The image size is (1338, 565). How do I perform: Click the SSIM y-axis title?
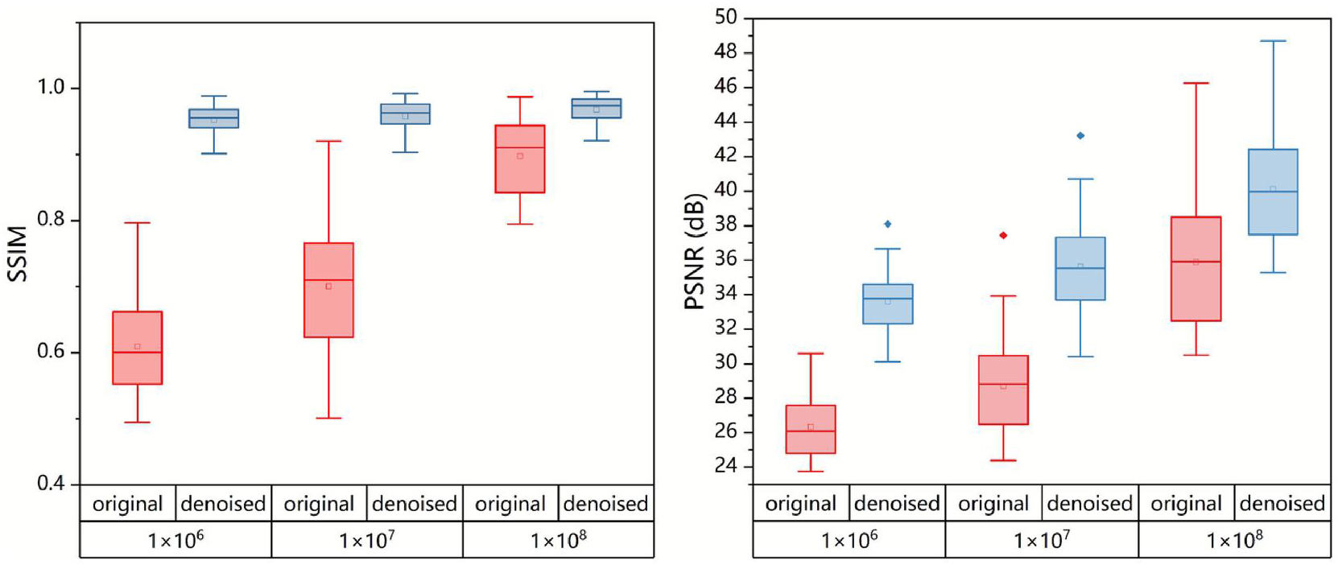[18, 254]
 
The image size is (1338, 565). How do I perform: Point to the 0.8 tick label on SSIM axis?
[52, 219]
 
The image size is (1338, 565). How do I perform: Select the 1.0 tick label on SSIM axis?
[52, 87]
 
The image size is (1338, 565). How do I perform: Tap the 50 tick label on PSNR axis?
[725, 17]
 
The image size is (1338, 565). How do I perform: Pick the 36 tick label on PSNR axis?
[725, 259]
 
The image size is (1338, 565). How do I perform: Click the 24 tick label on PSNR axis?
[725, 465]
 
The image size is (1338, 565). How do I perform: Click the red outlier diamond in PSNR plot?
[1003, 235]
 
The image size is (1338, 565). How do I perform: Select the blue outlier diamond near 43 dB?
[1080, 135]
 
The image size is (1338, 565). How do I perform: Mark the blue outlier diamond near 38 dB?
[888, 224]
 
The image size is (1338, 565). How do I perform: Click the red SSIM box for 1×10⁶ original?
[137, 348]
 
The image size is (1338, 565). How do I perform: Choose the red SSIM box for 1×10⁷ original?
[328, 290]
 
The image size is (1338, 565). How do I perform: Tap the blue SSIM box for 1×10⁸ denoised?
[597, 108]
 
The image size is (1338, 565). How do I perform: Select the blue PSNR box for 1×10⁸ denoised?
[1273, 192]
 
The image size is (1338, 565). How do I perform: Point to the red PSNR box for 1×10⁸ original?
[1196, 269]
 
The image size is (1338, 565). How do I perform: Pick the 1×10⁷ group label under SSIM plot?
[367, 540]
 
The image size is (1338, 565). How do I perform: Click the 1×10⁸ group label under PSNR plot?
[1234, 540]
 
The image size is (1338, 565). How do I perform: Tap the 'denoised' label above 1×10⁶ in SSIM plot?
[223, 504]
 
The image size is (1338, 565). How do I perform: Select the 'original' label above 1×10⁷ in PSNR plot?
[993, 504]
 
